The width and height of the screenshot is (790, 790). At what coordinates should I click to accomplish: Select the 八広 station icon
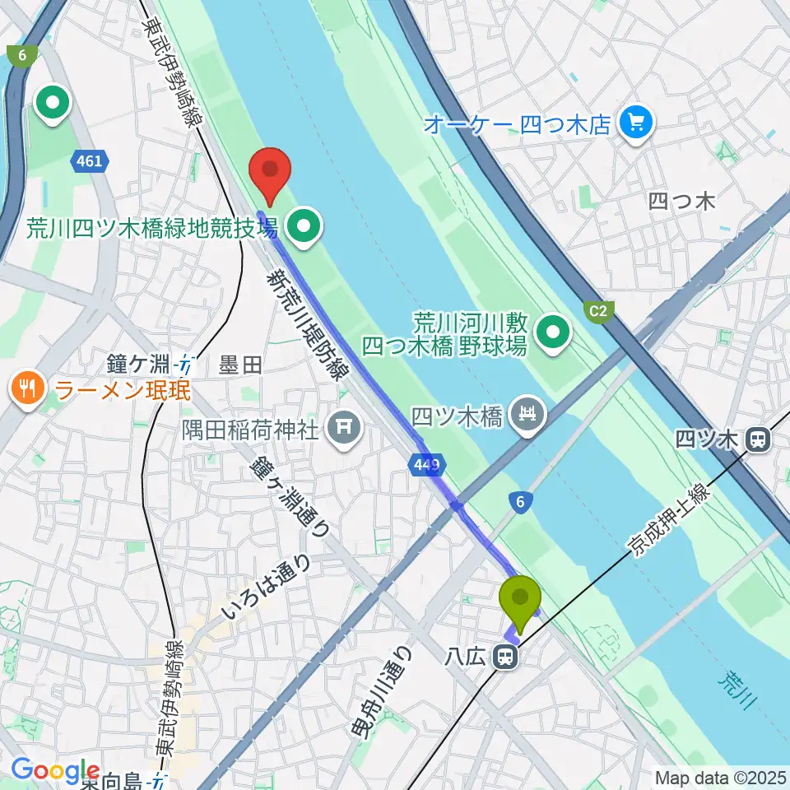(504, 657)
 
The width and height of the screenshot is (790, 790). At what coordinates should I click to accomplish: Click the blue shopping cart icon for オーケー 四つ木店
(636, 123)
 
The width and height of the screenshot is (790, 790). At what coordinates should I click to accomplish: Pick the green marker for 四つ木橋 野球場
(554, 333)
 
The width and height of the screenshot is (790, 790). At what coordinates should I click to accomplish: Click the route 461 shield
(89, 160)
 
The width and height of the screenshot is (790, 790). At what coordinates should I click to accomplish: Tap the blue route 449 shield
(426, 466)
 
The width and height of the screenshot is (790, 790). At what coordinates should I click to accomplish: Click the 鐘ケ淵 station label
(141, 362)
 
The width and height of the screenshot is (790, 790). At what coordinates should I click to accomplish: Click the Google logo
(55, 770)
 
